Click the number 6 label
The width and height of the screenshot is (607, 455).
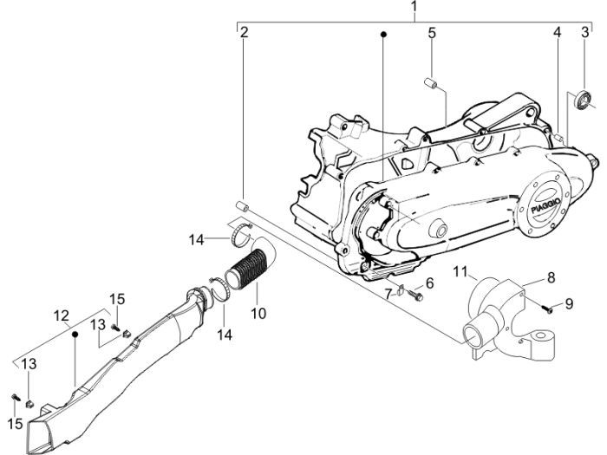[429, 283]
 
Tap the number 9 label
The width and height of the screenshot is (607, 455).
[569, 303]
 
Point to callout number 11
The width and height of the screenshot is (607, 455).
[461, 270]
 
